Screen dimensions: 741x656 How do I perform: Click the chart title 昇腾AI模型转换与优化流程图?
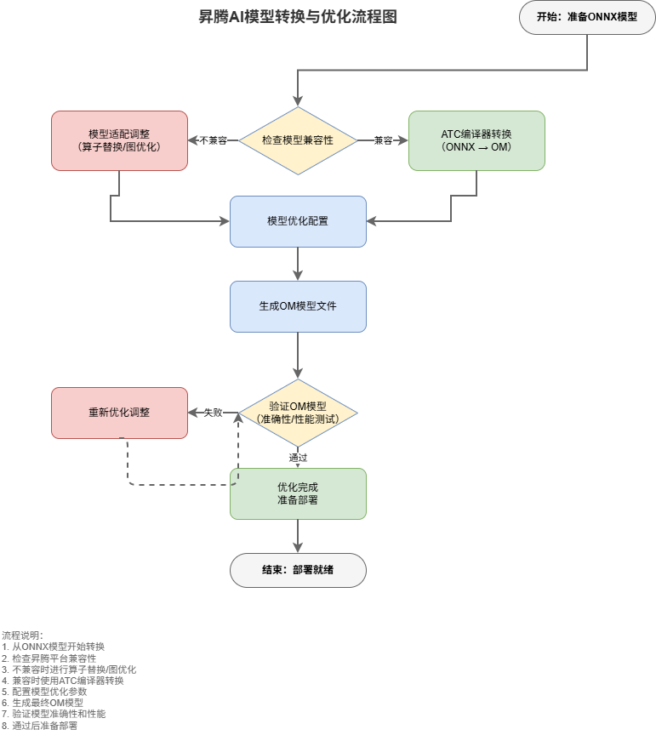298,17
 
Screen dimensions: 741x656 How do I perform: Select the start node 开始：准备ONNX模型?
587,17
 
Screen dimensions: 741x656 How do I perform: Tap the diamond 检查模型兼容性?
298,140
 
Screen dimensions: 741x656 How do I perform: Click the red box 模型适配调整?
119,140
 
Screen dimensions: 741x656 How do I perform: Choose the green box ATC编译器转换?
476,140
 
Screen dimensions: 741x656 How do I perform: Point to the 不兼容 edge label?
213,140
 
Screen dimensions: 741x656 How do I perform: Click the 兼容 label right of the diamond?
383,140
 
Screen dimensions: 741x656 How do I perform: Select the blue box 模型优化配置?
298,221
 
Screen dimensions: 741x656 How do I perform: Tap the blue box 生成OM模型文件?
298,306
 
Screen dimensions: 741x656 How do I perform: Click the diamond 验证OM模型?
298,413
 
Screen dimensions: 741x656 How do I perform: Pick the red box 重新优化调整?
119,413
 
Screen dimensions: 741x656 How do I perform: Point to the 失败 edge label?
213,413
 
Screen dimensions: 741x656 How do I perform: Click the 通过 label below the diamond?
298,458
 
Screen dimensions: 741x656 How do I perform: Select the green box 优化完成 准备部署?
298,493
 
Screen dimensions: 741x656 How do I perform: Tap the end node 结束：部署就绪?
298,570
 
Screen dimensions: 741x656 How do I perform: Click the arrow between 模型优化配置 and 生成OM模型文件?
298,264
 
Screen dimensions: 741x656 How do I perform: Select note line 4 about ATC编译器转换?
63,681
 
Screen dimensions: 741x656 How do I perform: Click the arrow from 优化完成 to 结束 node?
298,536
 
